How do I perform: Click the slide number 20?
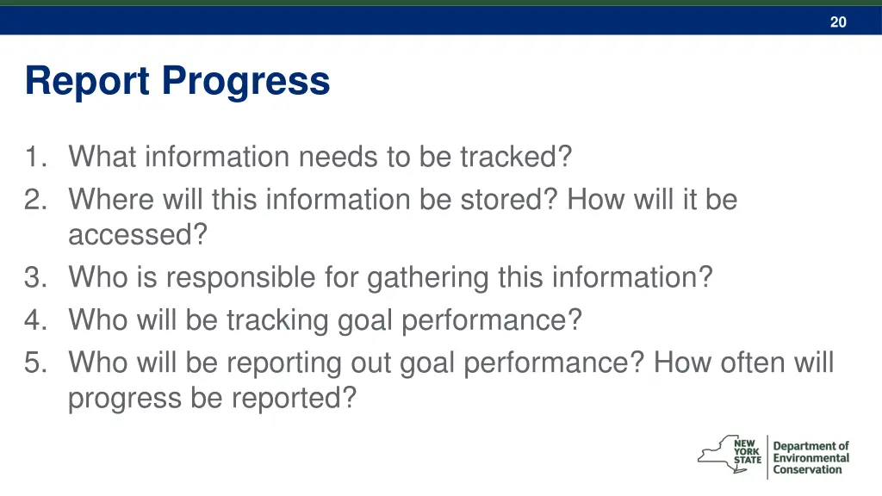[x=838, y=22]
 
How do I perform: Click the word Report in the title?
[x=89, y=82]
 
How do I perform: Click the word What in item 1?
[x=103, y=157]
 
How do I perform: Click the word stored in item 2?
[x=507, y=200]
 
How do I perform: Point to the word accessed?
[x=138, y=235]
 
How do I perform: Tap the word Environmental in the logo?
[x=811, y=458]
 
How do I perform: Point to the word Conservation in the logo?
[x=807, y=470]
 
